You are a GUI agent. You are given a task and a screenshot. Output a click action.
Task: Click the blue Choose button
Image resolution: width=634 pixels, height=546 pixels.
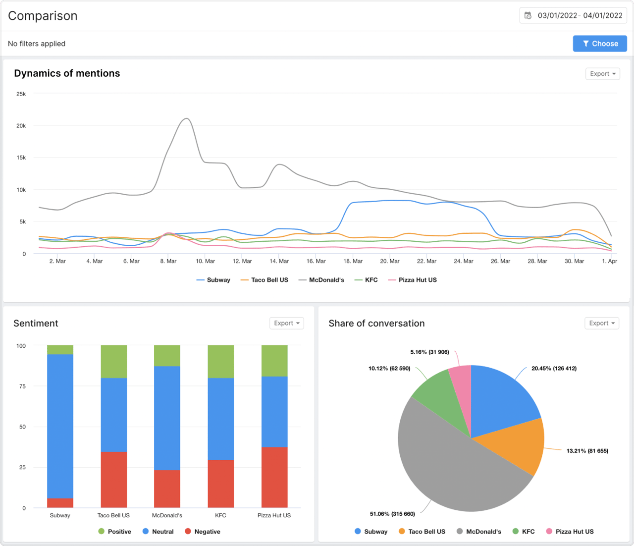599,44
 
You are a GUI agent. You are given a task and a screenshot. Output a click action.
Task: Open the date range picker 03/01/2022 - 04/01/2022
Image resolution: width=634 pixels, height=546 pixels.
573,15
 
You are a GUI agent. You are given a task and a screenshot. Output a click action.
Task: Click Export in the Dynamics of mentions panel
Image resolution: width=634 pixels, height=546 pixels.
602,74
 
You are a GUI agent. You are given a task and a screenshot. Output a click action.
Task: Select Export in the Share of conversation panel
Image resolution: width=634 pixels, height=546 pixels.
601,323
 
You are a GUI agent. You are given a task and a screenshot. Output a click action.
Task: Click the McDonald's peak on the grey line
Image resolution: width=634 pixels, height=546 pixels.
186,119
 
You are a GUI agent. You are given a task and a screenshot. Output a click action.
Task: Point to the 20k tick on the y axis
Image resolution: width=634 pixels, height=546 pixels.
21,126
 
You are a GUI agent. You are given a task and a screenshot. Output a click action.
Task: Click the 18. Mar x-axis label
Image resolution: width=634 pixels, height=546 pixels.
353,261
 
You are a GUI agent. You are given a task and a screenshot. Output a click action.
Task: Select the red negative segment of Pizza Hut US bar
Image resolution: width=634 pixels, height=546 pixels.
274,477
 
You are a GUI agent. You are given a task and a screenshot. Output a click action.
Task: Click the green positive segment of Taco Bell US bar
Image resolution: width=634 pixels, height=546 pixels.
113,361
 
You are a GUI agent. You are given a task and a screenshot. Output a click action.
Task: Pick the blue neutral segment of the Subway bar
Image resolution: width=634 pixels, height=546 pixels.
60,426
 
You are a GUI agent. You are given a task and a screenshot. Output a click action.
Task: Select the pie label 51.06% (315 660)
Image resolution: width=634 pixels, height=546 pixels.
392,514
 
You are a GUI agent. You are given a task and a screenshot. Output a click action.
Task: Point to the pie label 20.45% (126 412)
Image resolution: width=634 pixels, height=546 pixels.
554,368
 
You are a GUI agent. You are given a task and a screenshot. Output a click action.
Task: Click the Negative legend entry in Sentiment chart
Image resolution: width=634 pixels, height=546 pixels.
203,532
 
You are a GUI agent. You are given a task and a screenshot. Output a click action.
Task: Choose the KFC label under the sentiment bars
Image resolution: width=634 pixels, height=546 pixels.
220,515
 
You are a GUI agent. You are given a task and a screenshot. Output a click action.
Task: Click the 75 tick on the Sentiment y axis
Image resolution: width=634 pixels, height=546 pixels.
22,386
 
